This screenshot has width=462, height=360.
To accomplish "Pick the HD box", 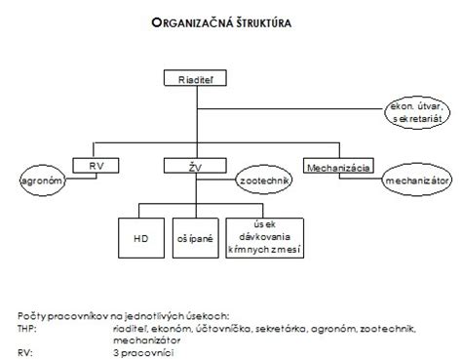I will (x=139, y=236).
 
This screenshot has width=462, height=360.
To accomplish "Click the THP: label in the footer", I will (x=29, y=330).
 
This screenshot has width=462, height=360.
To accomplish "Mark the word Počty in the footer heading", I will (x=31, y=317).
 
